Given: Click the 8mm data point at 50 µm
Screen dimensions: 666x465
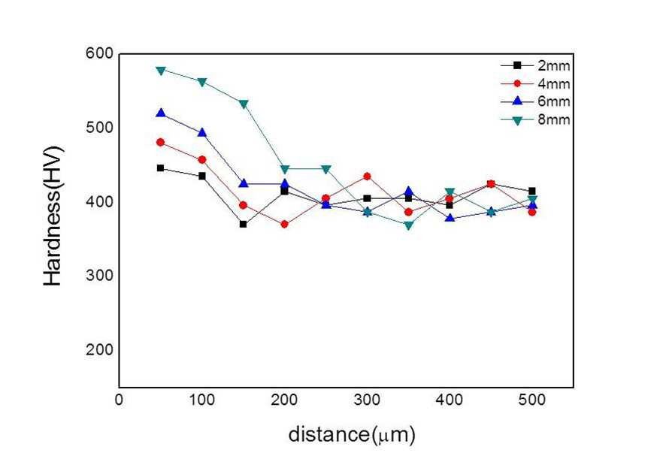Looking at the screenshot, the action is pos(161,71).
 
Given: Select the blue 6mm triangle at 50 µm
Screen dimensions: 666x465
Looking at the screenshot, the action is pos(161,113).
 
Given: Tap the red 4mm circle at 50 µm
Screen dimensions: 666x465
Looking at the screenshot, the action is pos(160,142).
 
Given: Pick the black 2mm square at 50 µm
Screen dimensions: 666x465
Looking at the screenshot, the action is pos(160,168).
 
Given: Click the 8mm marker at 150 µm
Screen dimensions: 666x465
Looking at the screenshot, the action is pos(244,104).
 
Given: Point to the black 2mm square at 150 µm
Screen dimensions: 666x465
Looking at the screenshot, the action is pos(243,224).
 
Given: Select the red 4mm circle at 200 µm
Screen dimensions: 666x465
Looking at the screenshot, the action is pos(285,224).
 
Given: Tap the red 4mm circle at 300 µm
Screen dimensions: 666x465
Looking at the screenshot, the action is pos(367,177).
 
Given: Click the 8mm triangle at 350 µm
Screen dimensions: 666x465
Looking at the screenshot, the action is pos(409,225).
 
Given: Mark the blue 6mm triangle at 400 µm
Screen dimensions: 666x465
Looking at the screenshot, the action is pos(450,218).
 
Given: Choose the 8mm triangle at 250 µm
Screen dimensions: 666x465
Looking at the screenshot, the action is pos(326,170).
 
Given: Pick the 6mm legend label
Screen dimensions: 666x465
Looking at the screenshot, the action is pos(553,101).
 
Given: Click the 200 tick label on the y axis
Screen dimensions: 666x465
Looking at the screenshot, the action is pos(99,349).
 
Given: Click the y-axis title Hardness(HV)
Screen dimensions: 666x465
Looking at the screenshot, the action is pos(53,216).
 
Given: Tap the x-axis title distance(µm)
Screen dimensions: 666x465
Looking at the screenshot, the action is pos(352,435).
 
